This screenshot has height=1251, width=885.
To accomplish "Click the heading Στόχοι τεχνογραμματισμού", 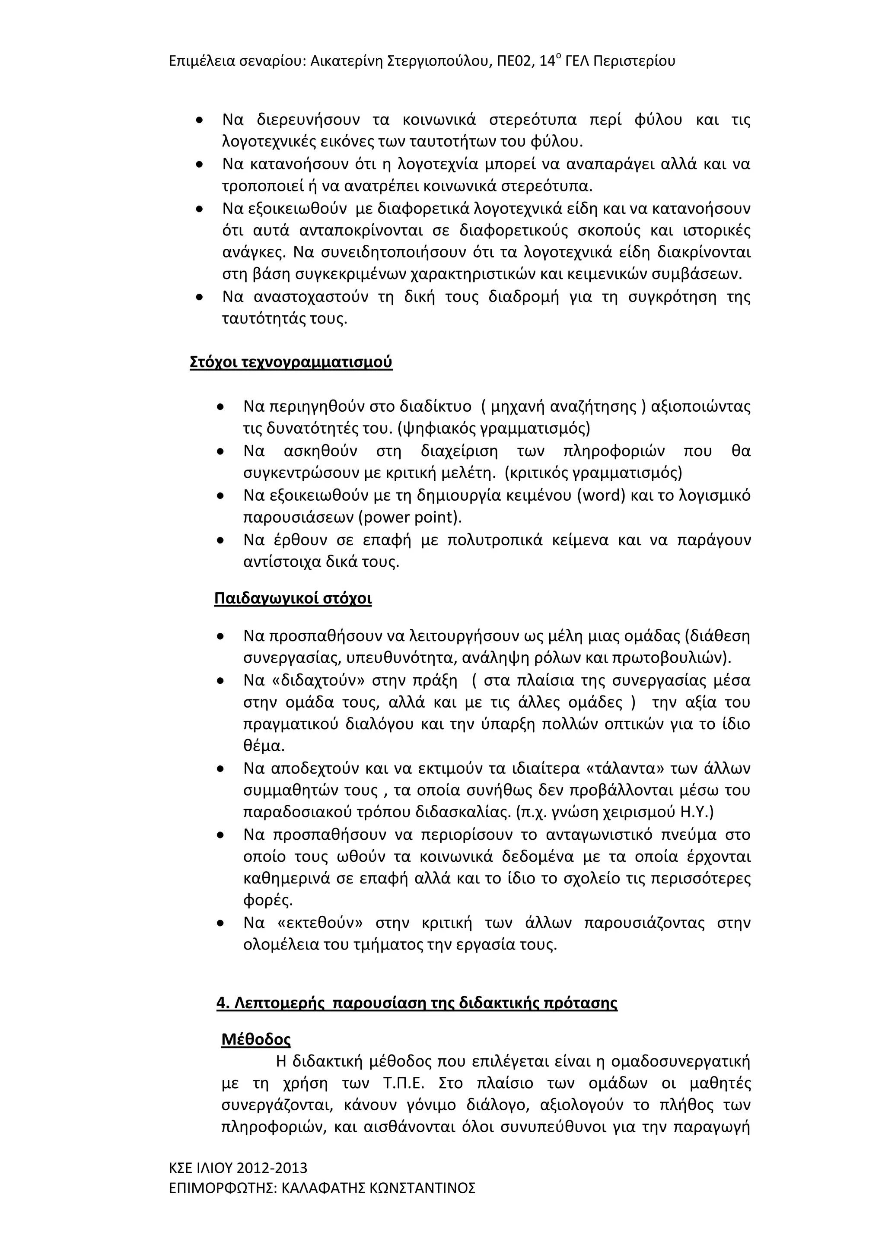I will coord(291,362).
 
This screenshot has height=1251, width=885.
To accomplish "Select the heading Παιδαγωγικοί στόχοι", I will coord(293,598).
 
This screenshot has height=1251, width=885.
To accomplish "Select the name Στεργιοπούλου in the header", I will coord(439,60).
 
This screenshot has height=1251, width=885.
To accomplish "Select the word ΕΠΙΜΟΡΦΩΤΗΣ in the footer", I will coord(223,1188).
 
